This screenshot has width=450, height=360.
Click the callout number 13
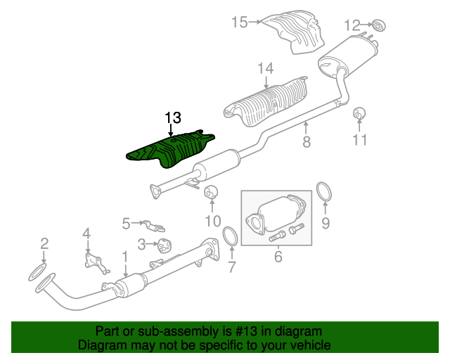tap(173, 117)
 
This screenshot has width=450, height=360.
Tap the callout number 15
tap(240, 22)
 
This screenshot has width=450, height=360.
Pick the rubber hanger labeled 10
tap(211, 192)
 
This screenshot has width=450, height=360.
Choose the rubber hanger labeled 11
tap(359, 113)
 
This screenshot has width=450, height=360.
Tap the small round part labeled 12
tap(379, 26)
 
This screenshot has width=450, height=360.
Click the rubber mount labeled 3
tap(165, 245)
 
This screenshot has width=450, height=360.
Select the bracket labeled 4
tap(95, 263)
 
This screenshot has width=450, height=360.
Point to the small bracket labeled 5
tap(154, 226)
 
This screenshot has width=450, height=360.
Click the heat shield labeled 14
tap(266, 103)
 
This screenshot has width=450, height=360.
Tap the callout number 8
tap(307, 141)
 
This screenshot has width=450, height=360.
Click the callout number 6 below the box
tap(278, 257)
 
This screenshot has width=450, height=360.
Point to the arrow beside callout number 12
tap(366, 25)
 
